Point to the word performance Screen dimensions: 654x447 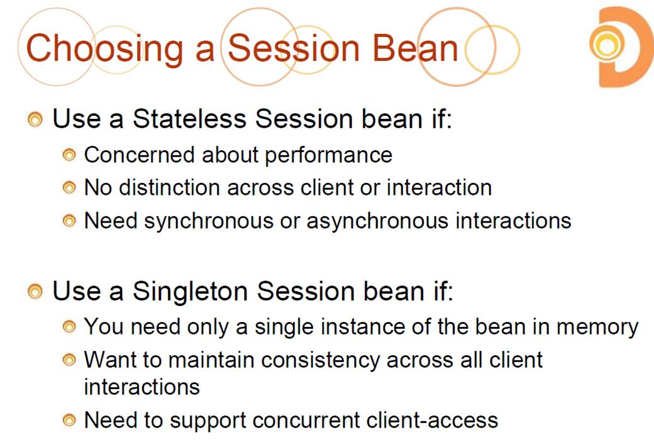click(329, 156)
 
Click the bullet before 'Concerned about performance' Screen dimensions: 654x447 click(69, 155)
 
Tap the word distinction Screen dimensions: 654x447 click(169, 187)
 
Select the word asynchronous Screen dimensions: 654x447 click(377, 221)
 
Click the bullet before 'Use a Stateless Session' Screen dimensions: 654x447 click(35, 119)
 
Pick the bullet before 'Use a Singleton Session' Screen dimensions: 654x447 click(35, 291)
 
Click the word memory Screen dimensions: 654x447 click(597, 328)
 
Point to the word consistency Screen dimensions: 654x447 click(319, 361)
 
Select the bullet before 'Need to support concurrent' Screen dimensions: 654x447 click(69, 420)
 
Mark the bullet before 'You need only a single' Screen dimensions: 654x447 click(69, 326)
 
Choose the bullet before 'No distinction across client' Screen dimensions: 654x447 click(69, 187)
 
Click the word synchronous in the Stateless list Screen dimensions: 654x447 click(209, 221)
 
